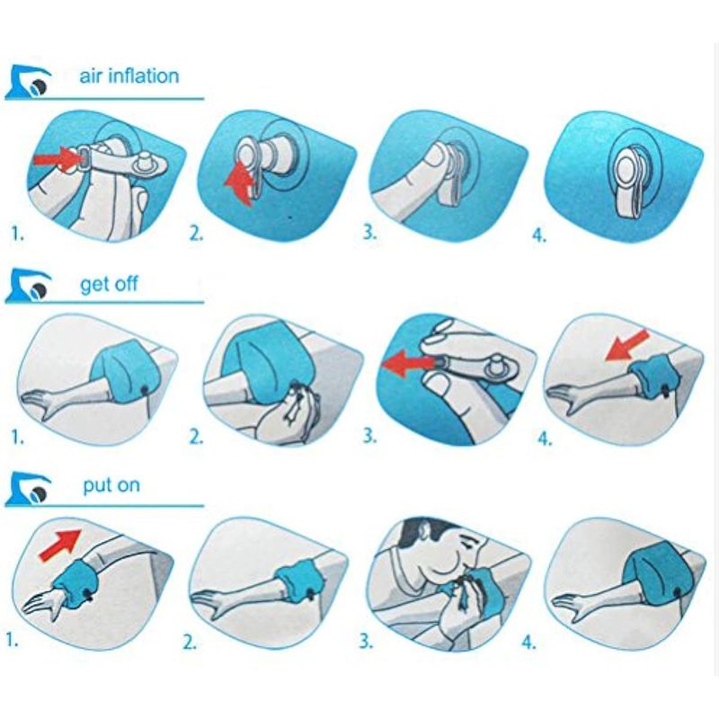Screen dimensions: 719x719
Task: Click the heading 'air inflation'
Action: [x=129, y=76]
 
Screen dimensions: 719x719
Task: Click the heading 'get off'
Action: [x=109, y=284]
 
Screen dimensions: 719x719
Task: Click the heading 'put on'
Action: [x=111, y=485]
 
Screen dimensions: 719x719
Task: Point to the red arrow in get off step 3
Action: [x=408, y=363]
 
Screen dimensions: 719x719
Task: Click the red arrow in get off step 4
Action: [x=626, y=345]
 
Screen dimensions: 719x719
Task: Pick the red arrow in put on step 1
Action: [x=60, y=545]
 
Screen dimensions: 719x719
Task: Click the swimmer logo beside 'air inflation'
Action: [x=29, y=82]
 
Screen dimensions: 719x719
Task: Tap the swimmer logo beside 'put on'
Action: [x=29, y=489]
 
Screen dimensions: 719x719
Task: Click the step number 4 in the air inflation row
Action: [x=539, y=235]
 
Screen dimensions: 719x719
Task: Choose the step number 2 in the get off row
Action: [x=196, y=437]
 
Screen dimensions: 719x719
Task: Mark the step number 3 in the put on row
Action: [x=366, y=641]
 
